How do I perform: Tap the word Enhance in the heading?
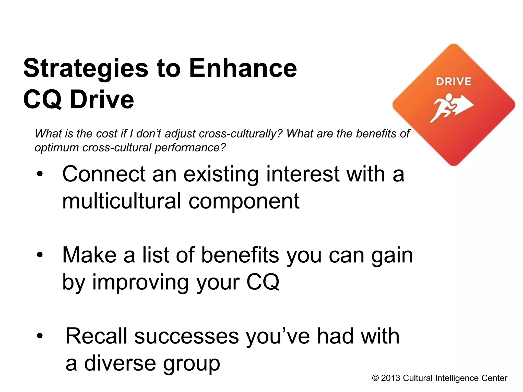click(243, 68)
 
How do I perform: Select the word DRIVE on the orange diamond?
click(454, 82)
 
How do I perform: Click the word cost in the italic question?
click(107, 133)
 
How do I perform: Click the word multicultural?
click(122, 201)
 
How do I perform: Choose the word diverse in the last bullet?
click(120, 363)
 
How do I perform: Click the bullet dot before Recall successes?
click(40, 336)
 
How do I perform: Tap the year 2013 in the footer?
click(390, 378)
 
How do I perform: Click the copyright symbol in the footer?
click(375, 378)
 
